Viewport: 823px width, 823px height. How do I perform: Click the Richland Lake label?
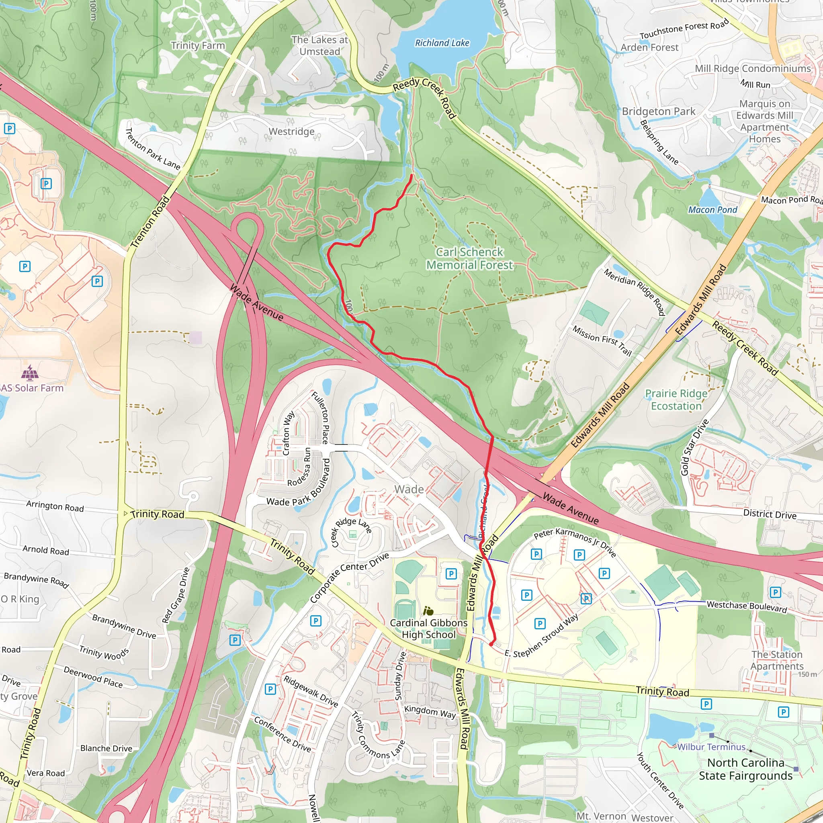click(442, 43)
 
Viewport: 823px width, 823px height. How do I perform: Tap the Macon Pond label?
click(712, 210)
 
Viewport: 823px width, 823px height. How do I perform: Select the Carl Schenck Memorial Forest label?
click(469, 258)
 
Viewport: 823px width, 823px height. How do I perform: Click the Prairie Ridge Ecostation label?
click(676, 399)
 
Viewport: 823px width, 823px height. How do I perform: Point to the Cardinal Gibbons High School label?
click(428, 629)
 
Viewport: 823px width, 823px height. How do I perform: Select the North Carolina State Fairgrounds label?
click(745, 769)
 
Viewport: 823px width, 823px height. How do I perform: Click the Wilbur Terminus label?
click(711, 747)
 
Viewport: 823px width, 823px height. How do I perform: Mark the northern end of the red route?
click(411, 175)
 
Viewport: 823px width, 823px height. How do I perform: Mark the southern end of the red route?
click(491, 645)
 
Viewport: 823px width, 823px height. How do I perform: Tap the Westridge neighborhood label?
click(291, 132)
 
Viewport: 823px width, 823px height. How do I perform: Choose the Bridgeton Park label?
click(658, 112)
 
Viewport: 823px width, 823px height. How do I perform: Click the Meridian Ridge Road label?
click(634, 292)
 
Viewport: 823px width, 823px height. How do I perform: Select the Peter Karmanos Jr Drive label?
click(575, 542)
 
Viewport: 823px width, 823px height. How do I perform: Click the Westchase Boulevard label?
click(746, 606)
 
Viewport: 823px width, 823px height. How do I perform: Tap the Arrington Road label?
click(55, 506)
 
